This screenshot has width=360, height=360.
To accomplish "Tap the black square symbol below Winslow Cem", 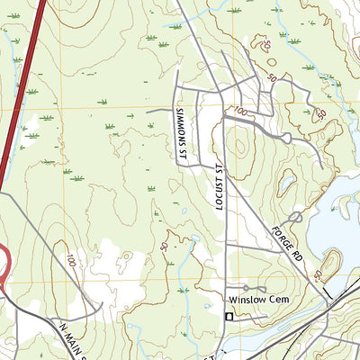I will tap(229, 317).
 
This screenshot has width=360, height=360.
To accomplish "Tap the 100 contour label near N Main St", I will tap(70, 261).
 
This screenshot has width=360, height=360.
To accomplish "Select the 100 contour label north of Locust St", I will tap(239, 112).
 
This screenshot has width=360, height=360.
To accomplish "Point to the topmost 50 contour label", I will tap(267, 43).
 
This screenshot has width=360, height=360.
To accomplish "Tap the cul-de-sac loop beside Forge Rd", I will tap(295, 218).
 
